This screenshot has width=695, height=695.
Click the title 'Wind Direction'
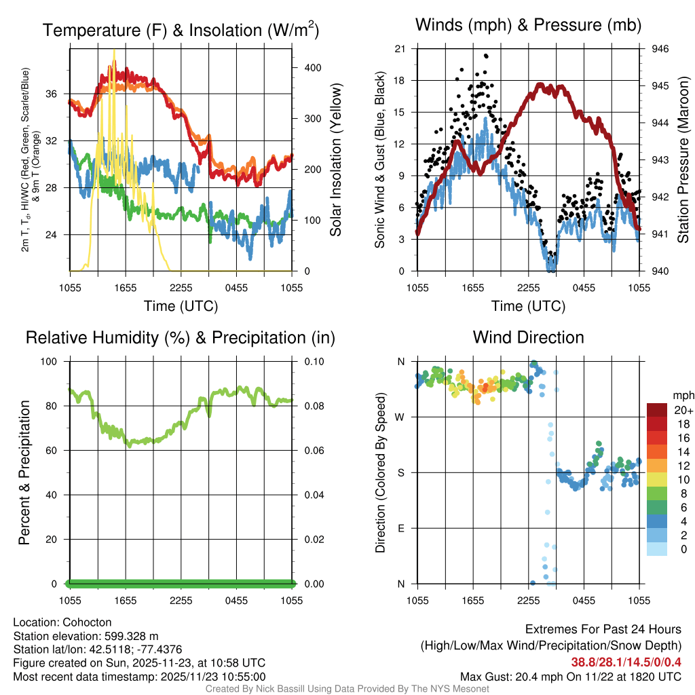tap(528, 337)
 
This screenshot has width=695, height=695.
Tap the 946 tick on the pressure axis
tap(660, 49)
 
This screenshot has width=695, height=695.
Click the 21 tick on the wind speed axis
tap(400, 49)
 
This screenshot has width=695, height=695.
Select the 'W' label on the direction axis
tap(400, 417)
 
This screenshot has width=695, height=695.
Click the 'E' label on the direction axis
tap(401, 528)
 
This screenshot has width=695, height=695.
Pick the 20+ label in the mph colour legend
tap(682, 410)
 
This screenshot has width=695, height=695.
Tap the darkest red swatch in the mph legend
tap(657, 410)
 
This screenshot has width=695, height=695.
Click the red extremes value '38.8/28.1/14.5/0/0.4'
tap(625, 662)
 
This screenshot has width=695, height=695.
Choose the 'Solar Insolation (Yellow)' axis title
tap(335, 160)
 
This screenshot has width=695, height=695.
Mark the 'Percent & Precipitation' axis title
tap(24, 472)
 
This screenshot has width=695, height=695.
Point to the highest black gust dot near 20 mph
tap(486, 56)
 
